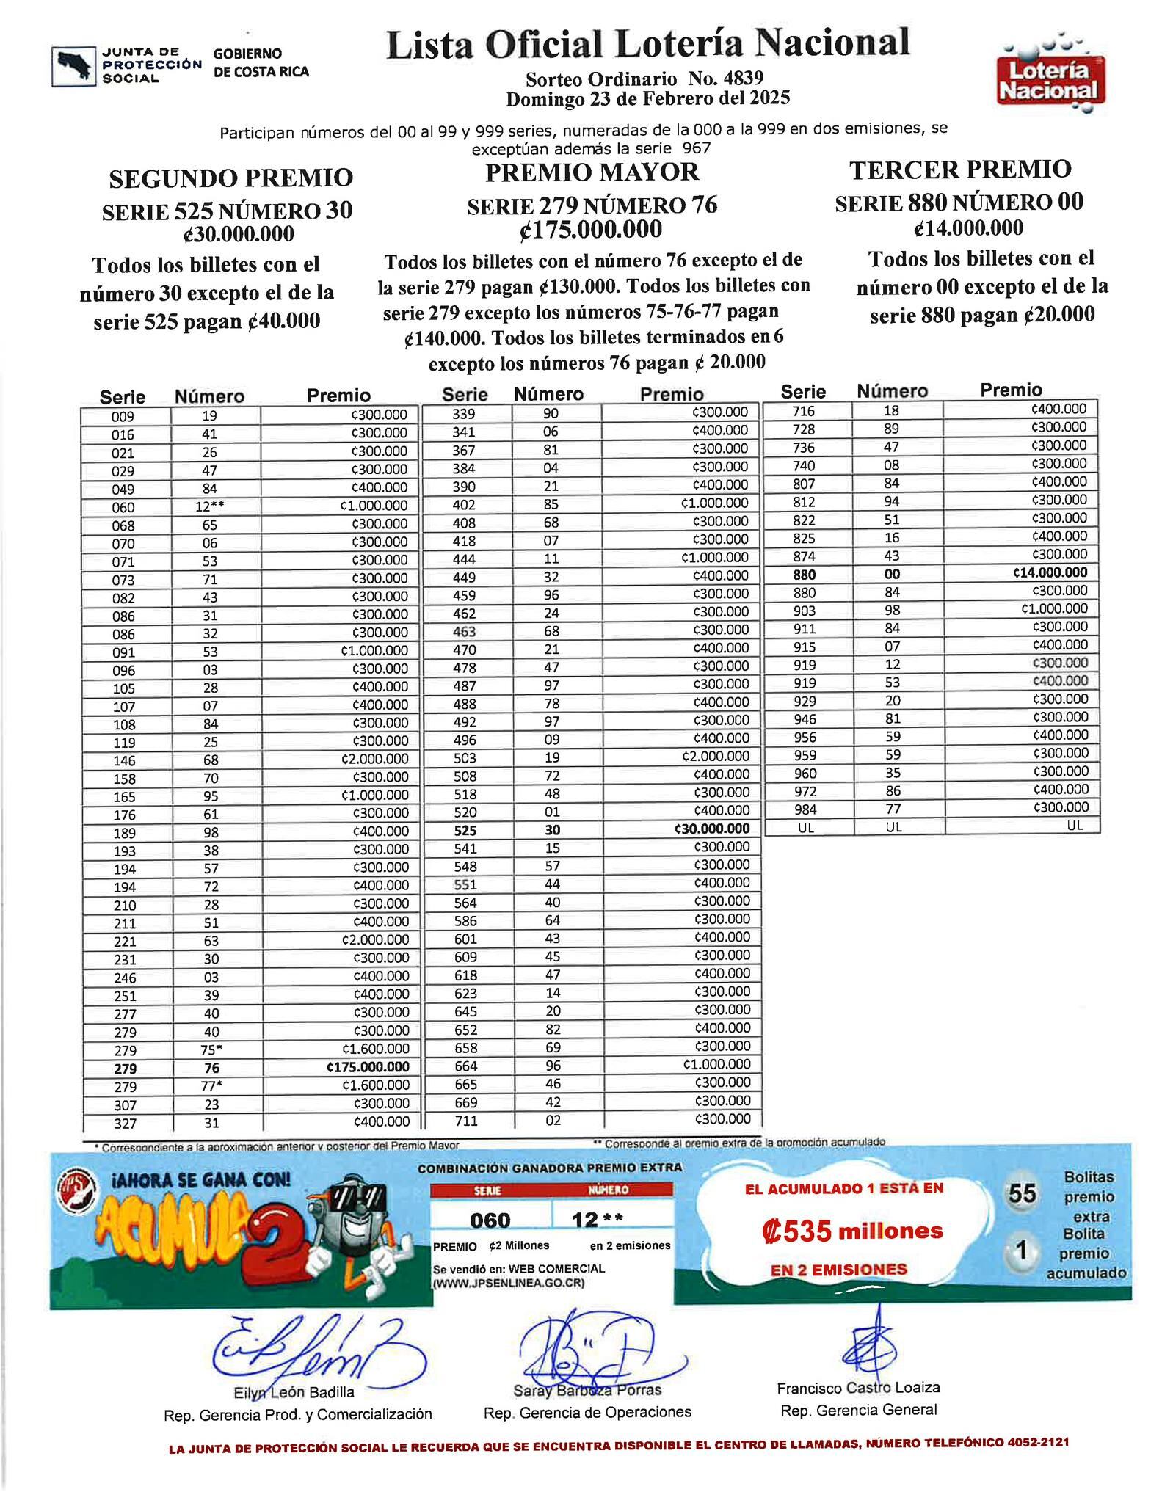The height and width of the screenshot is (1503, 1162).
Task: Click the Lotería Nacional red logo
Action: (1050, 81)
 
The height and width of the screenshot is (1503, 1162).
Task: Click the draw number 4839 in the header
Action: (742, 79)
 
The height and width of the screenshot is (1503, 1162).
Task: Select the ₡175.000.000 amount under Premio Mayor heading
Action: (591, 230)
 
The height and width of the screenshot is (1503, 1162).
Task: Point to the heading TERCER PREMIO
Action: (960, 170)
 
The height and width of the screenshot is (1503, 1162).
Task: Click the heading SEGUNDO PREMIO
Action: (230, 178)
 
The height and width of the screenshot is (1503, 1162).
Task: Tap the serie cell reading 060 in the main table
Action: (123, 507)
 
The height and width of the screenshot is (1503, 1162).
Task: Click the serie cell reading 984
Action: (805, 809)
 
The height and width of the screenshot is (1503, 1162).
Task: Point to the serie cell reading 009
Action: (123, 416)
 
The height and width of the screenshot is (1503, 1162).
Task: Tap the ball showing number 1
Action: (1020, 1250)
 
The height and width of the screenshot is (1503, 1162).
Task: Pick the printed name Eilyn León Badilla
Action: (294, 1392)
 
